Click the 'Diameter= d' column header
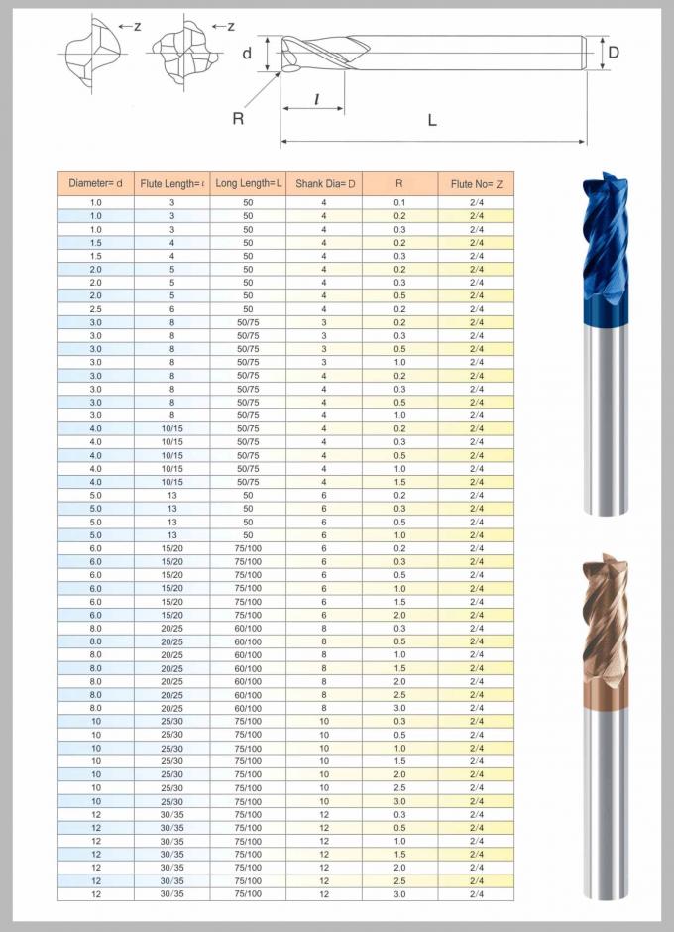tap(96, 183)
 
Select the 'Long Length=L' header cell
tap(249, 183)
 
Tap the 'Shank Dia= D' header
tap(324, 183)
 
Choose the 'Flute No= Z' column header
tap(477, 183)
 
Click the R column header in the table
tap(399, 183)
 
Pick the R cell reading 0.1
tap(399, 202)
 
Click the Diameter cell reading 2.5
tap(96, 308)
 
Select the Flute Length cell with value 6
tap(171, 308)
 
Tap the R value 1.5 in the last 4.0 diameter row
tap(399, 481)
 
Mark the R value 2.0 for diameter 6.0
tap(399, 615)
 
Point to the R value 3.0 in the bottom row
tap(399, 893)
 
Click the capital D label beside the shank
tap(614, 52)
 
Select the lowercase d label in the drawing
tap(247, 54)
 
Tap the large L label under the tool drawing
tap(432, 120)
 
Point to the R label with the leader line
tap(238, 118)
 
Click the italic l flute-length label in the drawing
tap(316, 99)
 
